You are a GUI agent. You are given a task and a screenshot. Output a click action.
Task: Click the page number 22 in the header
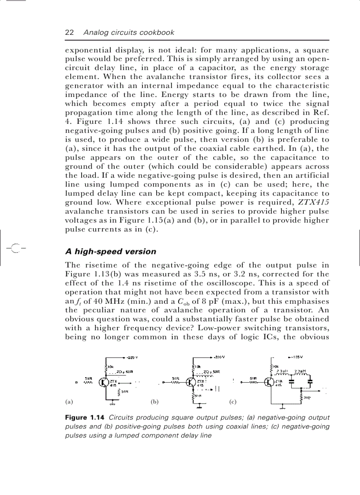[x=69, y=32]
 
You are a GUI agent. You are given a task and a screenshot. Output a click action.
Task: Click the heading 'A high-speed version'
[x=110, y=252]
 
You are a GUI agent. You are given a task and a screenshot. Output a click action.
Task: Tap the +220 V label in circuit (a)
[x=132, y=357]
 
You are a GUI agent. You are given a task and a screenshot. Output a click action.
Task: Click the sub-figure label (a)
[x=68, y=402]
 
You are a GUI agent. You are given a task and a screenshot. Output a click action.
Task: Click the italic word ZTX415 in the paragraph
[x=314, y=202]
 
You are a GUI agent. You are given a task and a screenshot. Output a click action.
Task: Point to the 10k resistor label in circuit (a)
[x=111, y=367]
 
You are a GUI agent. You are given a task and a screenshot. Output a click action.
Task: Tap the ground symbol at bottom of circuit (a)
[x=112, y=403]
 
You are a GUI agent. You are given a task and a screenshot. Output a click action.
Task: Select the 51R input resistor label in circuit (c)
[x=253, y=378]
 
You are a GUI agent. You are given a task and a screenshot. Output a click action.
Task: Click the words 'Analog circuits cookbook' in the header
[x=129, y=32]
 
